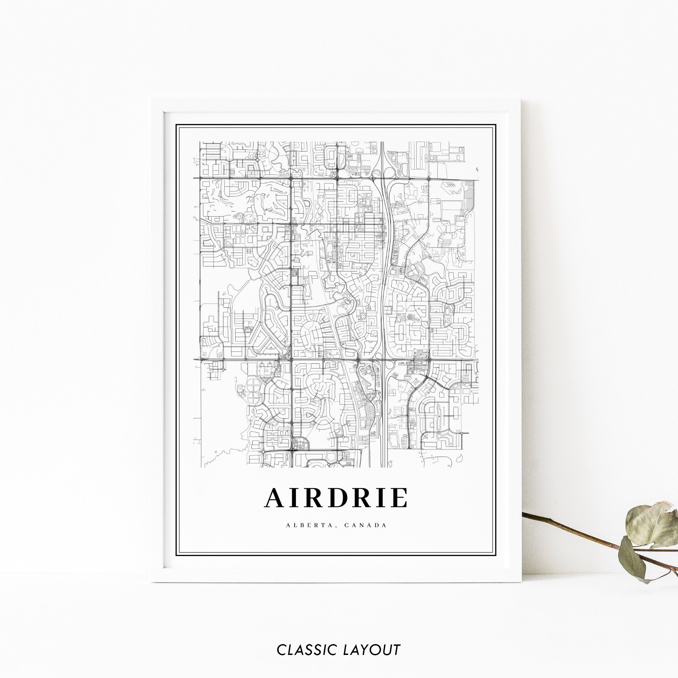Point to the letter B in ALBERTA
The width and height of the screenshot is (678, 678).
click(299, 525)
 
